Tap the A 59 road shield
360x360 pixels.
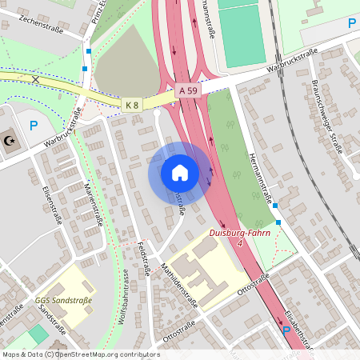point(188,91)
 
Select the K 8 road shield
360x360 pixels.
point(132,104)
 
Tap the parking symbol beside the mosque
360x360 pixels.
point(34,126)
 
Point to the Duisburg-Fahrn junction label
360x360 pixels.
point(239,236)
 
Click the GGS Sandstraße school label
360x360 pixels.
point(63,301)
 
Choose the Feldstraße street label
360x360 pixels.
point(143,259)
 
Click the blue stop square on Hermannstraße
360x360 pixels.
point(276,206)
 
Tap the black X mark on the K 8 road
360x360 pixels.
point(35,78)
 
